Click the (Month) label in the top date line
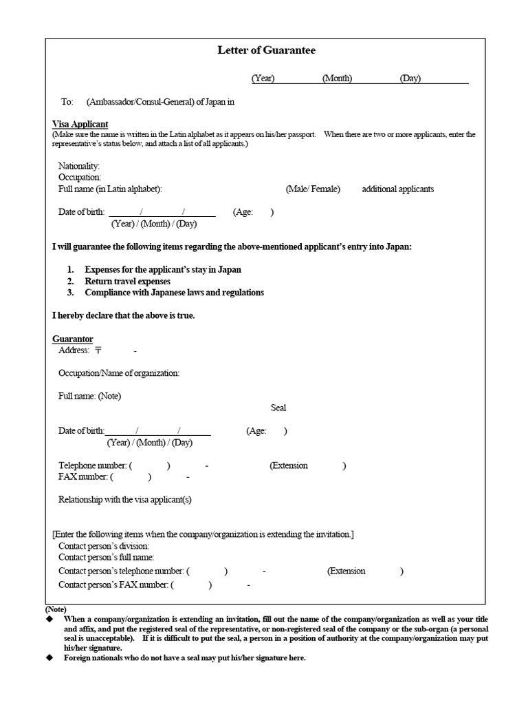pos(337,78)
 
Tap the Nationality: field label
pos(79,166)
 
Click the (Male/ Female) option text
pos(313,189)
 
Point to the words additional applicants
pos(397,189)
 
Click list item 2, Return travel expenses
pos(127,282)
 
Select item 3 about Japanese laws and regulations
pos(174,293)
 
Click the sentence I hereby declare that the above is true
pos(124,315)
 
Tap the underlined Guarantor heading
pos(73,339)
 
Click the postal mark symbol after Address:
pos(98,350)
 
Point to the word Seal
pos(278,408)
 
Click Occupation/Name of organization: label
pos(119,373)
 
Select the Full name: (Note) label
pos(90,396)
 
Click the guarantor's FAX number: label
pos(83,476)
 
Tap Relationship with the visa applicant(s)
pos(125,500)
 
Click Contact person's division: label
pos(103,546)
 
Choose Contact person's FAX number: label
pos(113,585)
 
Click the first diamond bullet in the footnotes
pos(49,620)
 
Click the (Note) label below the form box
pos(56,609)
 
